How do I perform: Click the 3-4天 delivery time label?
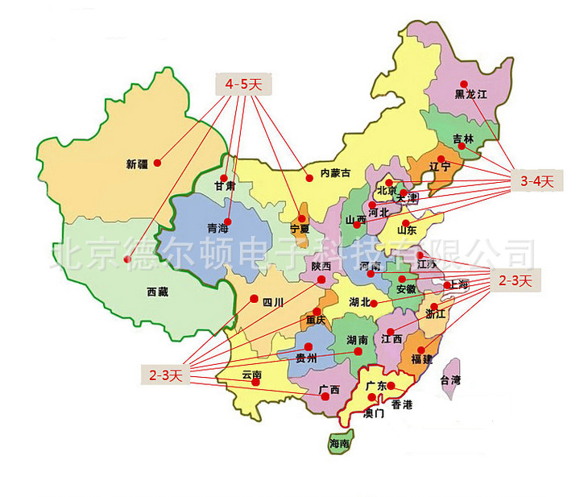(x=535, y=181)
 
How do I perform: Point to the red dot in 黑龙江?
(x=464, y=84)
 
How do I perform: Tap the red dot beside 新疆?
(x=158, y=162)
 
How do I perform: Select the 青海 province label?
(x=218, y=227)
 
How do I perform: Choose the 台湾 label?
(x=450, y=379)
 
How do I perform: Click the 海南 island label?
(x=339, y=444)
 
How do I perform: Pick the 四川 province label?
(x=273, y=302)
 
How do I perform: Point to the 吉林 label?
(x=463, y=139)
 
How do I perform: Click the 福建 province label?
(x=421, y=359)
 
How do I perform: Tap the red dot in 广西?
(x=325, y=396)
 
